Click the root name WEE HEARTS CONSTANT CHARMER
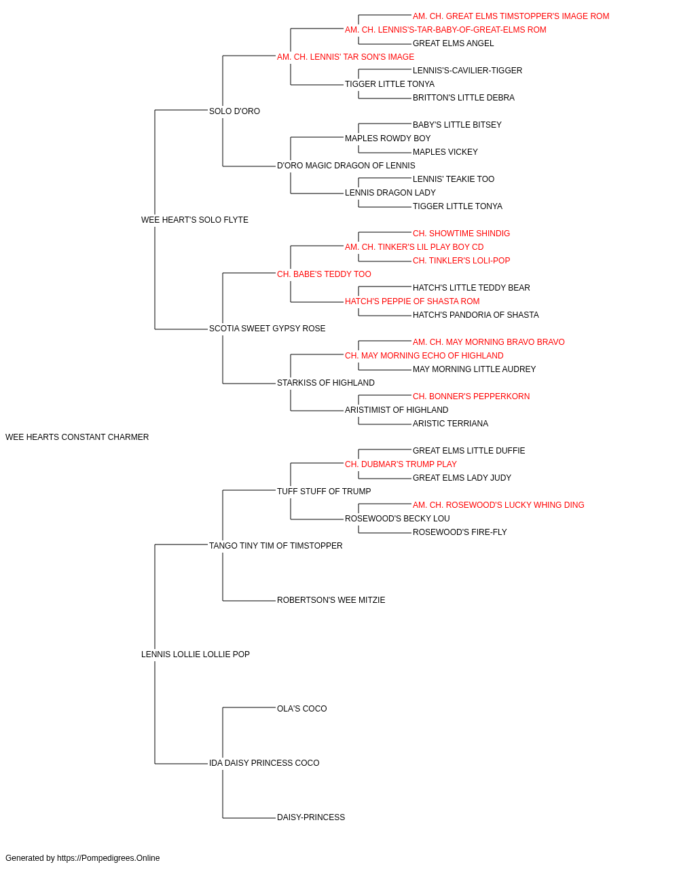77,437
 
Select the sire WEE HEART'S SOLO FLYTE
195,220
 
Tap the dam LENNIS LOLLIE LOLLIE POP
195,654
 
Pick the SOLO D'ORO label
234,111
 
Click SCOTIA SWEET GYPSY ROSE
267,329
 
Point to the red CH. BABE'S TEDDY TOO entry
324,274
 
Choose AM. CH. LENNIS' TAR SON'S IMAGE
346,57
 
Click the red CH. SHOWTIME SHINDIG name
461,233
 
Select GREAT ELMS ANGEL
453,43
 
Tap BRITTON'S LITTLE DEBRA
464,98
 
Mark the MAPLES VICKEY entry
445,152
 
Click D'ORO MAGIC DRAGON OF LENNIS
346,166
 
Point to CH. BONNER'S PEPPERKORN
471,396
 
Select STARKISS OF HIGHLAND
325,383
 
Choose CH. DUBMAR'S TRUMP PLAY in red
401,464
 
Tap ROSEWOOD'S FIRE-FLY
460,532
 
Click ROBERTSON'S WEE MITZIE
331,600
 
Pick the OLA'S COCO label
302,709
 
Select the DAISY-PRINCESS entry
311,817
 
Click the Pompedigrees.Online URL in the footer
109,858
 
